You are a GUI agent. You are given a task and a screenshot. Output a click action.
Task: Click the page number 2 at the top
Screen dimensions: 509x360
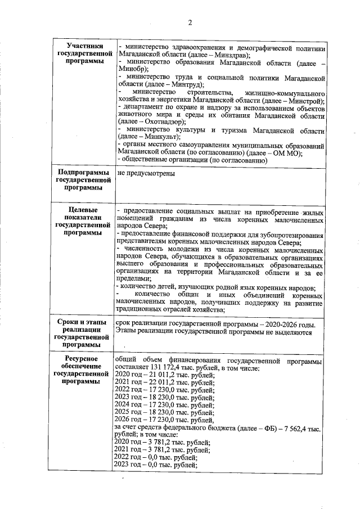(x=190, y=22)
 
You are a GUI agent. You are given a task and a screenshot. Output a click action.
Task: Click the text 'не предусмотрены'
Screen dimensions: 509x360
(x=146, y=173)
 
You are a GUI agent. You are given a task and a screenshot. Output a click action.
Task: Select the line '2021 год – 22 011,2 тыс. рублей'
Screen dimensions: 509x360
(x=164, y=382)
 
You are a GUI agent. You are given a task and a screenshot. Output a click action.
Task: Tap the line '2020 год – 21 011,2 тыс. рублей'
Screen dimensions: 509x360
(x=164, y=374)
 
